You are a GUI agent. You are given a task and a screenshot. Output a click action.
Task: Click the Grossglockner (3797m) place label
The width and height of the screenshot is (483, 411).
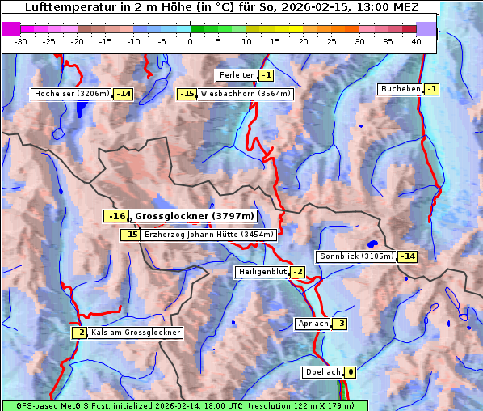[x=194, y=216]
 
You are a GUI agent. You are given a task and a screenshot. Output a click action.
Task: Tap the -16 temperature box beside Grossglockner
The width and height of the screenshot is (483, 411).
[x=116, y=216]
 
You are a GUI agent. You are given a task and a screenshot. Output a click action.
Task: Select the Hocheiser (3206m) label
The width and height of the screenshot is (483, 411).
[x=71, y=94]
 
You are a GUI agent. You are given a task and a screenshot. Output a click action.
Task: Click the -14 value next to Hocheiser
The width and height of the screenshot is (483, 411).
[x=123, y=94]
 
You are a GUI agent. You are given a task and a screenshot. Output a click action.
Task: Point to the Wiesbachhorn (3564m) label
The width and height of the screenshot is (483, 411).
[x=246, y=94]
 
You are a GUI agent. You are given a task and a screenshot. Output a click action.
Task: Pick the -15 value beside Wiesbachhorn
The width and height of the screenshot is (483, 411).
[x=187, y=94]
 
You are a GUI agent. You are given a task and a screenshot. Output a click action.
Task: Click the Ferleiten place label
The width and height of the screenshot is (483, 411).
[x=237, y=75]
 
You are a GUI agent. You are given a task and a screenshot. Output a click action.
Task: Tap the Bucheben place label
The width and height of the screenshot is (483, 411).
[x=400, y=88]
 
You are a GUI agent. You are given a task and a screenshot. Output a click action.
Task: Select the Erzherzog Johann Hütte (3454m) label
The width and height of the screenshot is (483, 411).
[x=209, y=235]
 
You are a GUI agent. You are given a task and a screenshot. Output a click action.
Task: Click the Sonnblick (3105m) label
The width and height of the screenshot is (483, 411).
[x=356, y=256]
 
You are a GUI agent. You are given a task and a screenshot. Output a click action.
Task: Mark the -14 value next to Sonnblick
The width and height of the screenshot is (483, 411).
[x=408, y=256]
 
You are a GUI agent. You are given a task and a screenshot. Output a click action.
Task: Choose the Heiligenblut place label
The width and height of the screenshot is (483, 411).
[x=262, y=272]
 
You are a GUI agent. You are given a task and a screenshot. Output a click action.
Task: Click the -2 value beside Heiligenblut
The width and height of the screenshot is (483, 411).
[x=297, y=272]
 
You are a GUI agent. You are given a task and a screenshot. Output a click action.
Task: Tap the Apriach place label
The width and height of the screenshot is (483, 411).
[x=313, y=324]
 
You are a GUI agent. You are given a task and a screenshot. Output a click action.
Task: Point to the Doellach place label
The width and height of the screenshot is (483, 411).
[x=322, y=372]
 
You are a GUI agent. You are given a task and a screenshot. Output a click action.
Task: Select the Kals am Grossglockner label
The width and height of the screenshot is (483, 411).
[x=135, y=333]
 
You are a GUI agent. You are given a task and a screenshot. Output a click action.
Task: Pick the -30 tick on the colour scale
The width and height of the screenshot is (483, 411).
[x=21, y=41]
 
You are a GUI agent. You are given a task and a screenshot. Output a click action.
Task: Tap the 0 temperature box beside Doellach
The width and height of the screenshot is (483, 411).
[x=351, y=372]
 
